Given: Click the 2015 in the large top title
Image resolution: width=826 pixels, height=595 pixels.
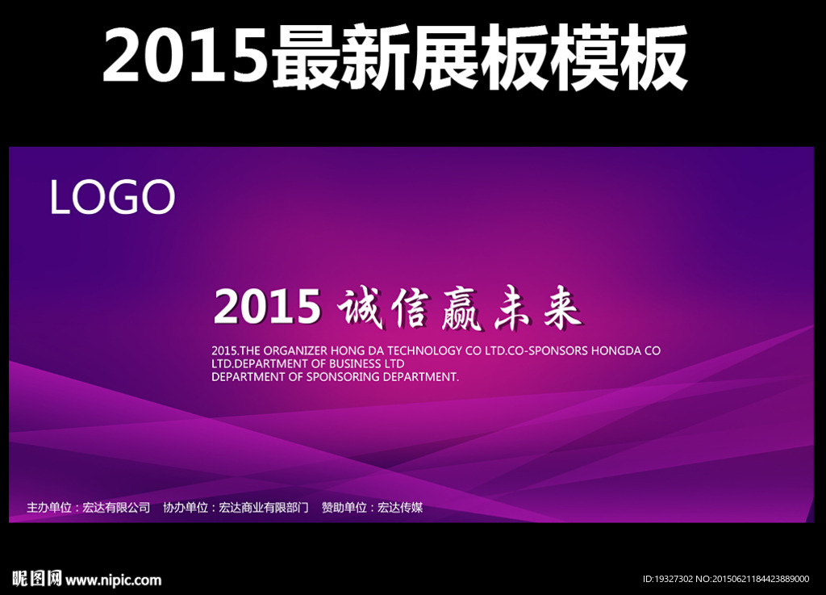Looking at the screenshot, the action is click(185, 55).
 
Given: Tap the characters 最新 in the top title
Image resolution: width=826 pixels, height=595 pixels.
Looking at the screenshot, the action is click(340, 57).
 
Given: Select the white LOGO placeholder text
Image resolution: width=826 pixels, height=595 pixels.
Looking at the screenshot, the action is click(112, 196).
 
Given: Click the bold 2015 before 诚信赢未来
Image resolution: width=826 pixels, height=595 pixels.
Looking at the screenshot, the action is click(267, 306).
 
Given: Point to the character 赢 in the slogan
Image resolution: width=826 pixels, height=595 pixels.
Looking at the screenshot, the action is click(460, 309).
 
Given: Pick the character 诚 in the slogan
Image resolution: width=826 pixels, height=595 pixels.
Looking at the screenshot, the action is click(360, 309).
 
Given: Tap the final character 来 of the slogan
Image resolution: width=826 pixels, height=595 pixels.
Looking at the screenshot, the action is click(561, 308).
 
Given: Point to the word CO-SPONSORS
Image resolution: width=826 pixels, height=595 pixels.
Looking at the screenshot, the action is click(548, 350).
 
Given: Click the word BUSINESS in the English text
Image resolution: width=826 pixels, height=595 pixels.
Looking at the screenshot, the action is click(355, 363).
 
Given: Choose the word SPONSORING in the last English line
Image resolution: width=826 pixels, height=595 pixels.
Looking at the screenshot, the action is click(343, 377).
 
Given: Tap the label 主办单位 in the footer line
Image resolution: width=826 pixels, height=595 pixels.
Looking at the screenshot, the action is click(49, 508).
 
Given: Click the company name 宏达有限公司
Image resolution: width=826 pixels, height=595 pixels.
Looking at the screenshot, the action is click(116, 508).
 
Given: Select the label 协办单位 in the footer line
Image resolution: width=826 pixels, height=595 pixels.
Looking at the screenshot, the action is click(186, 508).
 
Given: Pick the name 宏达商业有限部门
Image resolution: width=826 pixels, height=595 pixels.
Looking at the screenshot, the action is click(264, 508).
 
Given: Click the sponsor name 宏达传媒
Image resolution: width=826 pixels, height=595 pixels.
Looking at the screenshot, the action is click(400, 508).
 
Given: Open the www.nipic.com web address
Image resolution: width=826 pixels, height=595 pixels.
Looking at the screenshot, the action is click(114, 580).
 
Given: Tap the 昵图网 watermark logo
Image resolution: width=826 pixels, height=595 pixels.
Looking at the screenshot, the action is click(37, 579).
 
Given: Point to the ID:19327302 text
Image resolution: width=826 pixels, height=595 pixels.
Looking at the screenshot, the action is click(667, 579).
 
